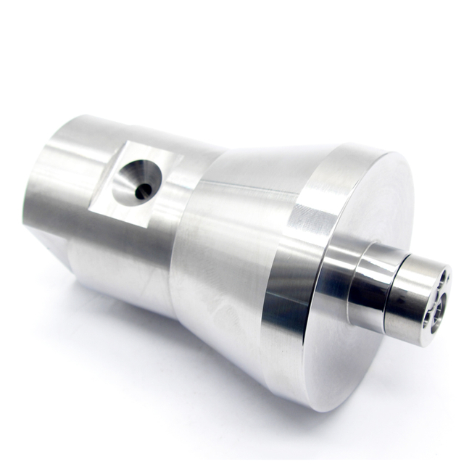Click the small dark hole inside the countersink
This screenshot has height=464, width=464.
click(x=144, y=190)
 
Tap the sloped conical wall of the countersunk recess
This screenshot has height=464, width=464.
click(x=133, y=174)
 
